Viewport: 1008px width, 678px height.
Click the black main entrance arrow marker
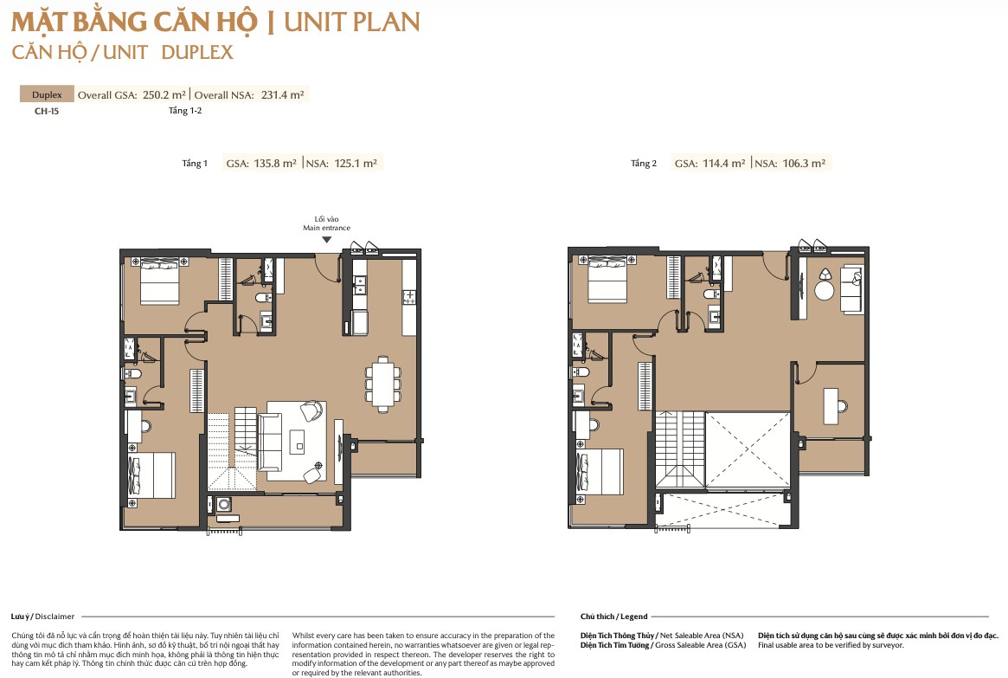[x=326, y=240]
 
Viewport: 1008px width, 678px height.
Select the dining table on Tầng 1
[x=383, y=384]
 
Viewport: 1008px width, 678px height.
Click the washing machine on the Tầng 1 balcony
[x=224, y=503]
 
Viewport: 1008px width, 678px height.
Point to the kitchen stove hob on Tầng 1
[x=409, y=296]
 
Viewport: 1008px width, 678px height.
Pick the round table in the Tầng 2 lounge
[x=825, y=290]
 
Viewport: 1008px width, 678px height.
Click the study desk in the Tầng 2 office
[x=831, y=405]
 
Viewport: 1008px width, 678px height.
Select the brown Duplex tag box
[x=47, y=94]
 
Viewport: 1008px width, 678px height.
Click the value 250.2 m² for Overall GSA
[x=164, y=94]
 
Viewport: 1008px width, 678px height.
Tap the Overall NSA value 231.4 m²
[x=283, y=94]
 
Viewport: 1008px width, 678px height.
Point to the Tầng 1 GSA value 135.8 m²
[x=275, y=164]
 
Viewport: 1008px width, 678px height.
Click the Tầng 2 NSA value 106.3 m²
[x=804, y=164]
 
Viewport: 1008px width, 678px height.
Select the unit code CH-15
[x=46, y=111]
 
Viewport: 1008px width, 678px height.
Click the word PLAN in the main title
[x=385, y=23]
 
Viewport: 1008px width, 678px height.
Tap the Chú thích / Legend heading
[x=614, y=617]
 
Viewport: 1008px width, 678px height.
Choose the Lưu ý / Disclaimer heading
[x=42, y=617]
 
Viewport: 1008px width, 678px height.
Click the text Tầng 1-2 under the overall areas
[x=185, y=111]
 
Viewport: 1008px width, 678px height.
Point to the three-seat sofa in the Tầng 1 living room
[x=270, y=442]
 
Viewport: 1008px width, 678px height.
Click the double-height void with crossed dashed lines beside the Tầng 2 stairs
[x=748, y=450]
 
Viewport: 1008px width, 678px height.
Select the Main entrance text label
[x=326, y=228]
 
